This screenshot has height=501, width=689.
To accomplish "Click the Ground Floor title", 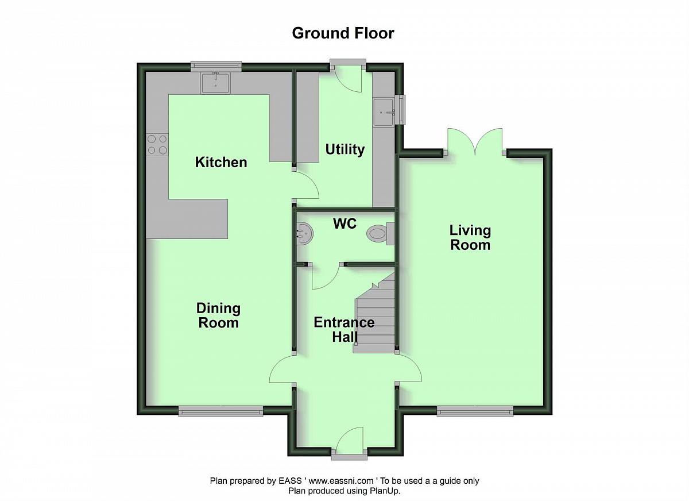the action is point(343,33).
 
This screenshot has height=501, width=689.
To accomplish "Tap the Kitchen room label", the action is point(221,162).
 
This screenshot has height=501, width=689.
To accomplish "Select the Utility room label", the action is point(345,150).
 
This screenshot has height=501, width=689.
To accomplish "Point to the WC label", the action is point(345,223).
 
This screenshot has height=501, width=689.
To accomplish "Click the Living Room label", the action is point(470,237).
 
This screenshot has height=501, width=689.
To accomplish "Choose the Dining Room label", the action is point(218,315).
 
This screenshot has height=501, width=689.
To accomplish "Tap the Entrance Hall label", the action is point(344,330).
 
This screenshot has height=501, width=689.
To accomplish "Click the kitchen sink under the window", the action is point(216,83).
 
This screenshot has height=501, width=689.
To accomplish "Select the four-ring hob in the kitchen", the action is point(157,145).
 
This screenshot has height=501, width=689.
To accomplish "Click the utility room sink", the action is point(384,112).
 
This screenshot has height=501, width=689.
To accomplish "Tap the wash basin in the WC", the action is point(305,234).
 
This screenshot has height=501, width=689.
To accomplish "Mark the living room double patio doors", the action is point(475,141).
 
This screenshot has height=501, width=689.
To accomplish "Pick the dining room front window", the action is point(221,411).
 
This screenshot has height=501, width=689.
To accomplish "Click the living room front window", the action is point(475,411).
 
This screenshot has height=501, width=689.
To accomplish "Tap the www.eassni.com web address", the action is point(341,481).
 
